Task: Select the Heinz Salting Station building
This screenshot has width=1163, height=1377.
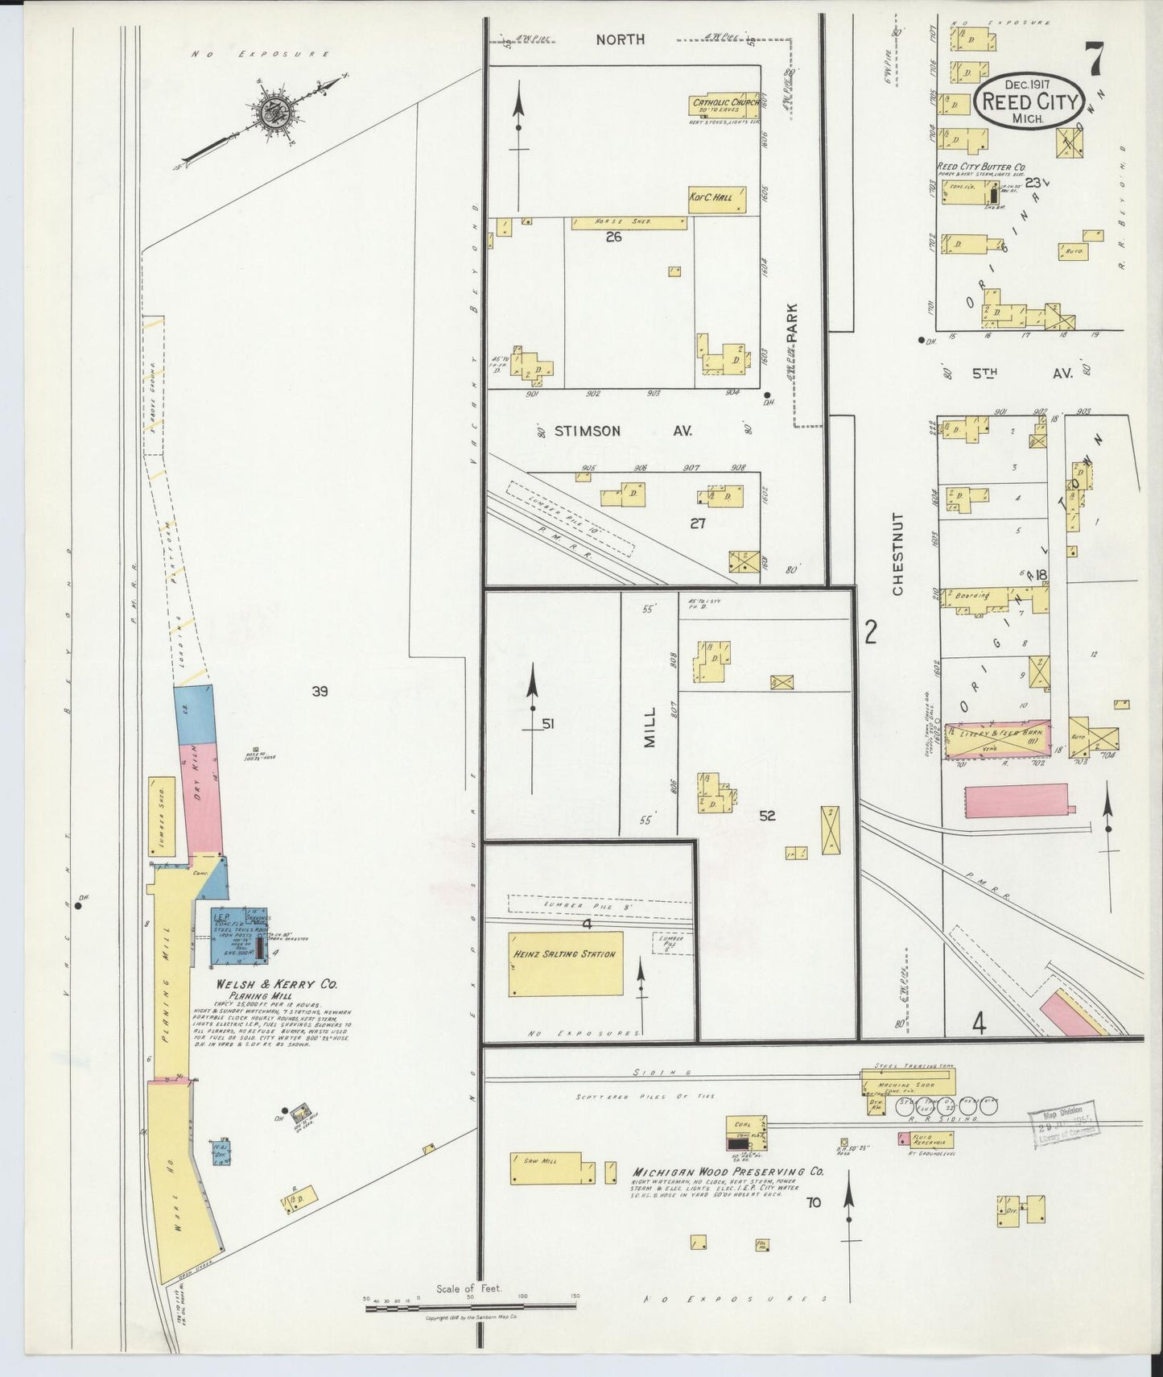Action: (x=567, y=964)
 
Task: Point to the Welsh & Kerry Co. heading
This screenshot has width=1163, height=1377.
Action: (x=277, y=984)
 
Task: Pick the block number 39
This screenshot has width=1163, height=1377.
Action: (x=320, y=691)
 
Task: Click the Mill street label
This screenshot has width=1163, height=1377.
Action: (x=650, y=728)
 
